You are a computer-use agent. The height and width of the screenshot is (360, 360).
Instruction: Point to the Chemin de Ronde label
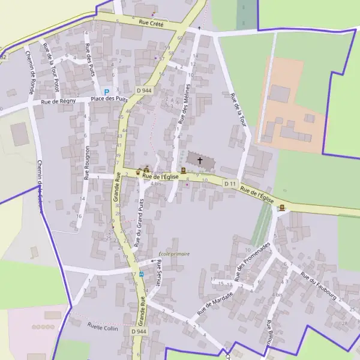point(29,72)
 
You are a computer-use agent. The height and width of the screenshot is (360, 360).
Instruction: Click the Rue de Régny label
point(58,102)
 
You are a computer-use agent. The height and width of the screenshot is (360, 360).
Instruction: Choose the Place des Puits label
point(109,98)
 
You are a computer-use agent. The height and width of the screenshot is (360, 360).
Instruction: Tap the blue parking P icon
point(107,92)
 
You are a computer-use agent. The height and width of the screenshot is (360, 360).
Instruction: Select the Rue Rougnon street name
point(87,163)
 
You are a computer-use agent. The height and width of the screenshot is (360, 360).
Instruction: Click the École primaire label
point(174,254)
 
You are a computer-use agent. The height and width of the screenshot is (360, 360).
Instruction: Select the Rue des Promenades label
point(254,262)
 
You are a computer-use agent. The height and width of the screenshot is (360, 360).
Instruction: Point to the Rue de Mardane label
point(214,299)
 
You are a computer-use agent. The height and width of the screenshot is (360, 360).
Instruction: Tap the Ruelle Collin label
point(103,328)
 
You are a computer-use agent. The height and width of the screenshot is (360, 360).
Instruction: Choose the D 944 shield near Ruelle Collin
point(139,331)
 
